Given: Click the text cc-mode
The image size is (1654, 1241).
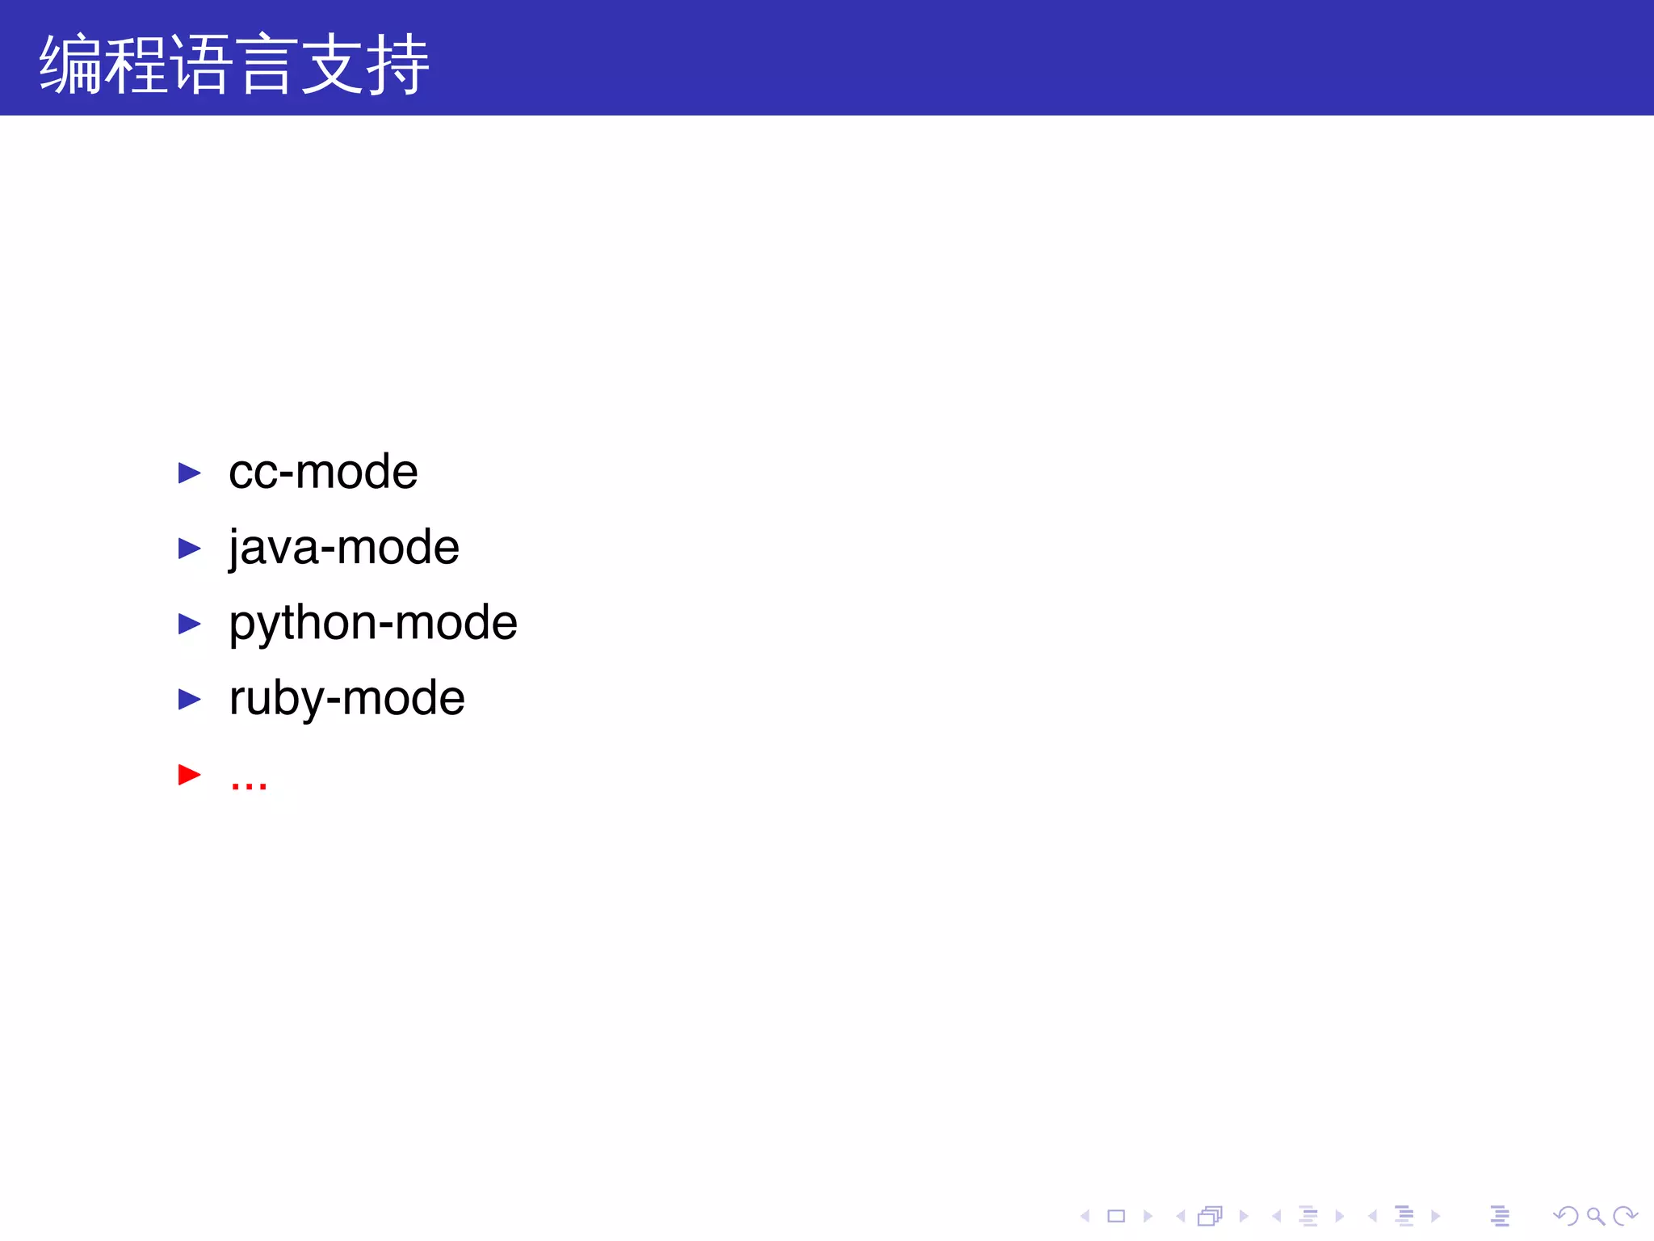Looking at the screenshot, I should coord(323,472).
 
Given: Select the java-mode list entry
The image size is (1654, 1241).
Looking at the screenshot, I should coord(344,548).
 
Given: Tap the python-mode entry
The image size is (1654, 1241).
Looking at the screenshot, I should coord(373,623).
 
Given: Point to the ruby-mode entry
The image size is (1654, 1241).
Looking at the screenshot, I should coord(347,698).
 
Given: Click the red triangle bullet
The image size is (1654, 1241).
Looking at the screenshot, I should coord(189,775).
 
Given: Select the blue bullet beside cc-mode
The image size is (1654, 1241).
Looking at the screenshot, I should coord(189,473).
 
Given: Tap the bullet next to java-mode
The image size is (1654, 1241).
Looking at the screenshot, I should coord(189,549).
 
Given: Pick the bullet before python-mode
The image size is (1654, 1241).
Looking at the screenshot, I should coord(189,624).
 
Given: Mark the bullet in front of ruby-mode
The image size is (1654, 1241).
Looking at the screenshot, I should coord(189,699).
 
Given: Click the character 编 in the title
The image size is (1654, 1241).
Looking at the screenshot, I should coord(71,65).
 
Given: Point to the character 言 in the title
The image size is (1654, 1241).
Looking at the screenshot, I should coord(266,65).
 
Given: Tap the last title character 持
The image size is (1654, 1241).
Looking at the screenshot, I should coord(397,65).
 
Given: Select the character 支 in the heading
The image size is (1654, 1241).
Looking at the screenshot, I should coord(331,65).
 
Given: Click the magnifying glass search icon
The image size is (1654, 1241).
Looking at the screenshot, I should coord(1595,1216).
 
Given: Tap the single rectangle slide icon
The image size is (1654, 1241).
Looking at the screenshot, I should coord(1116,1216).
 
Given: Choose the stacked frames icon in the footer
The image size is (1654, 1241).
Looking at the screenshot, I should coord(1210,1216).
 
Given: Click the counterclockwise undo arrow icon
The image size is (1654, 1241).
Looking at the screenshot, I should coord(1566,1216).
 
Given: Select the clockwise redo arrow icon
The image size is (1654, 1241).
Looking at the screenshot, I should coord(1624,1216).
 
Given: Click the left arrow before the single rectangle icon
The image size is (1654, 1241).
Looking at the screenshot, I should coord(1085,1216).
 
